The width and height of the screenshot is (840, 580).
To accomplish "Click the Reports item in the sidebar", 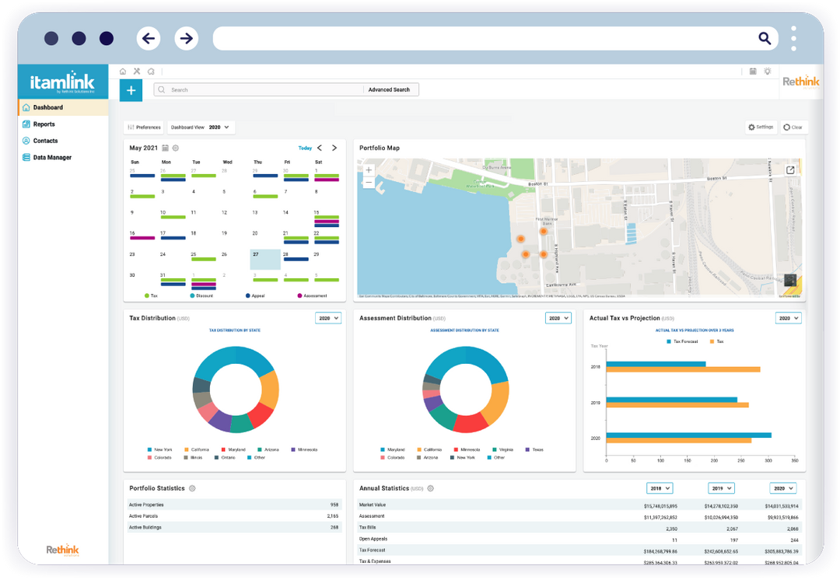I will pyautogui.click(x=44, y=124).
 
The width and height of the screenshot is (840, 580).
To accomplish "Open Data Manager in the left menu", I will pyautogui.click(x=51, y=158).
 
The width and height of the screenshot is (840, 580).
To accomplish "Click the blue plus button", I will pyautogui.click(x=131, y=90).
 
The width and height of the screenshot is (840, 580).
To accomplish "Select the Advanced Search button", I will pyautogui.click(x=389, y=90).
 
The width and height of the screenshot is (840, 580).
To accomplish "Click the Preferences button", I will pyautogui.click(x=144, y=128).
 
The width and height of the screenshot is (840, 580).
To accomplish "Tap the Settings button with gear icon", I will pyautogui.click(x=761, y=127).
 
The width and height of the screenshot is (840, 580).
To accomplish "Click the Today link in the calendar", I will pyautogui.click(x=305, y=148).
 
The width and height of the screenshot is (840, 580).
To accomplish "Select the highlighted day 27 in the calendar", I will pyautogui.click(x=264, y=259).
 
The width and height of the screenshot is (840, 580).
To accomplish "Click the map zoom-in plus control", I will pyautogui.click(x=369, y=169).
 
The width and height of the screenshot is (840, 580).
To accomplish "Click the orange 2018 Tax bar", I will pyautogui.click(x=683, y=369).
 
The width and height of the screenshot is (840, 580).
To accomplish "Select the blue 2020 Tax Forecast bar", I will pyautogui.click(x=688, y=435).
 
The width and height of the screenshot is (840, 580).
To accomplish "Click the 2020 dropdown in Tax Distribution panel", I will pyautogui.click(x=328, y=318).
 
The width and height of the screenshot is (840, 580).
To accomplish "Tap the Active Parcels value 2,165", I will pyautogui.click(x=332, y=515).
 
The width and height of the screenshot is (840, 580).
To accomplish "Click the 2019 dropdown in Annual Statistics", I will pyautogui.click(x=721, y=488).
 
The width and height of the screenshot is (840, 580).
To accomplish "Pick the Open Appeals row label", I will pyautogui.click(x=373, y=539).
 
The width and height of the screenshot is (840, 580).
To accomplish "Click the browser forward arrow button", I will pyautogui.click(x=186, y=38).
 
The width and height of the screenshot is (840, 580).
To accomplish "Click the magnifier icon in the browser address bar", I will pyautogui.click(x=765, y=38).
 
